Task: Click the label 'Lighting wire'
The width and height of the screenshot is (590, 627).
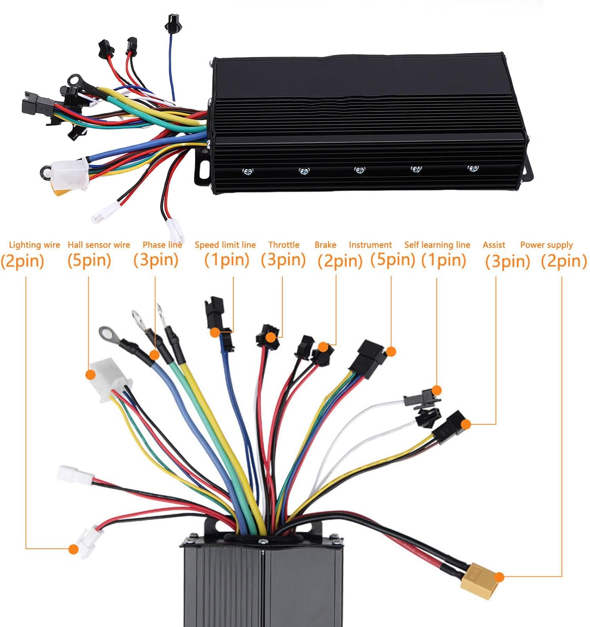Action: (x=34, y=245)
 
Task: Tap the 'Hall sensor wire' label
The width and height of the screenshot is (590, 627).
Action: (x=99, y=245)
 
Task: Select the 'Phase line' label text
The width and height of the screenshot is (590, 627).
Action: (x=162, y=245)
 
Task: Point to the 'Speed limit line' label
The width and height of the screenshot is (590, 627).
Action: (x=225, y=245)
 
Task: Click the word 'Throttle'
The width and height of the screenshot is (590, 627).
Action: (x=284, y=245)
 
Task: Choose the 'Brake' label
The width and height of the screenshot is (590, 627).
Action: (x=325, y=245)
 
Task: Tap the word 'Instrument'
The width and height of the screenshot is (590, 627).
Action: (x=370, y=245)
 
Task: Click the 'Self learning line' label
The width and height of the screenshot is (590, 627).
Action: (x=437, y=245)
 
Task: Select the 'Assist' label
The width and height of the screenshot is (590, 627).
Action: (x=494, y=245)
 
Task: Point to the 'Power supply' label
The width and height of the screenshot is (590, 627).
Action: (x=546, y=245)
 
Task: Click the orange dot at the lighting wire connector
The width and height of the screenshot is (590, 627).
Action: (x=73, y=549)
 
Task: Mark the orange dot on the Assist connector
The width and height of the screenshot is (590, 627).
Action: (x=466, y=424)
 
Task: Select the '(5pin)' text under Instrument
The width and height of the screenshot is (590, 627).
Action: (x=392, y=260)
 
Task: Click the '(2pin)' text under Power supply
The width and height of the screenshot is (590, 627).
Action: (x=564, y=261)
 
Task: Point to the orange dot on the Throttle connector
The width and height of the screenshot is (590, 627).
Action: (x=271, y=337)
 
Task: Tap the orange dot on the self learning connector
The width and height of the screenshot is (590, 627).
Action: (x=436, y=390)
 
